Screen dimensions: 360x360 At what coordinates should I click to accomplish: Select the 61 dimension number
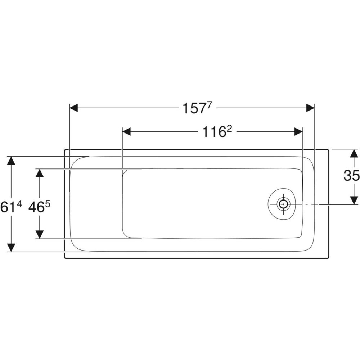coord(8,207)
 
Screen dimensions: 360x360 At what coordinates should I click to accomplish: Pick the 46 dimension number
coord(36,207)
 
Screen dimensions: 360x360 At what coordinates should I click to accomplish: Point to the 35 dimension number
coord(351,176)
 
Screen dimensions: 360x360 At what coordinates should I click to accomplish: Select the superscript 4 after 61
coord(19,204)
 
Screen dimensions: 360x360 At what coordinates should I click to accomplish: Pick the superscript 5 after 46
coord(48,204)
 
